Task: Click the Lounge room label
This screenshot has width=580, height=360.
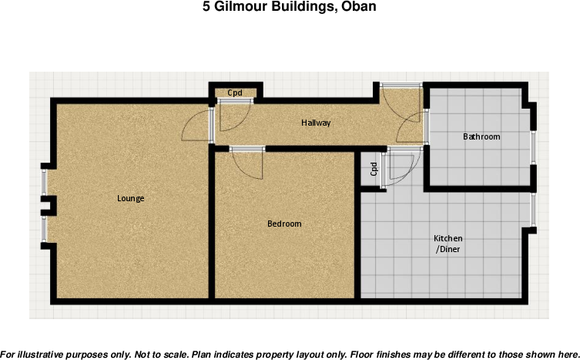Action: (130, 198)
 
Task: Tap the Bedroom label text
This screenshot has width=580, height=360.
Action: (284, 224)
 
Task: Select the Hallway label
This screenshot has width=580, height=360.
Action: (316, 123)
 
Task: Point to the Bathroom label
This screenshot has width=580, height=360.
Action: (481, 136)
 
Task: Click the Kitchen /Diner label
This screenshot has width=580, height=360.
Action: (448, 244)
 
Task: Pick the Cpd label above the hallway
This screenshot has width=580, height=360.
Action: (235, 93)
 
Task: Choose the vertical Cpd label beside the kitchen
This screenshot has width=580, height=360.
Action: (374, 168)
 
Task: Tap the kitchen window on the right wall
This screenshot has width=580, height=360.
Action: (532, 209)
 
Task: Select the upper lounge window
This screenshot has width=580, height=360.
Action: (44, 182)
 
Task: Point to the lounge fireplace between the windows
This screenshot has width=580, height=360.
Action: (49, 205)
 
